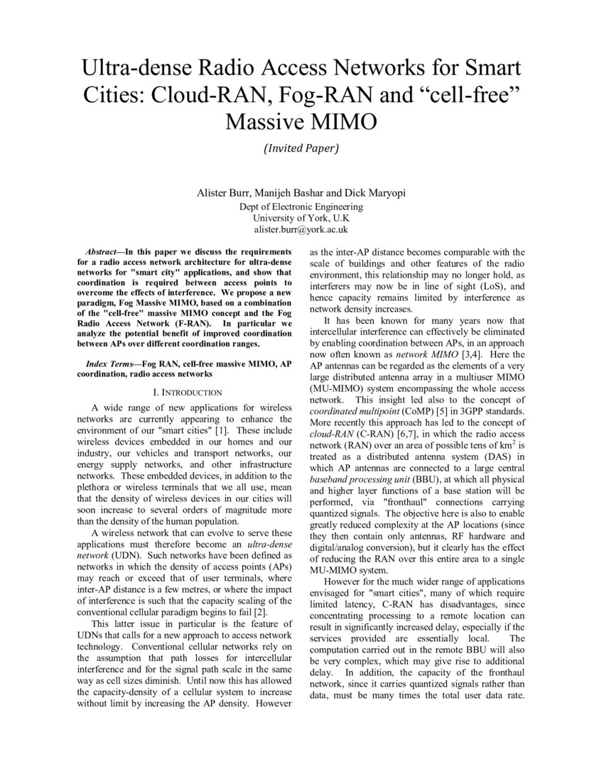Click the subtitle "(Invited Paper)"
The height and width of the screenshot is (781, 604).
click(x=301, y=149)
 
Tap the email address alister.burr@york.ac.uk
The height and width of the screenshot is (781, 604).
click(x=301, y=230)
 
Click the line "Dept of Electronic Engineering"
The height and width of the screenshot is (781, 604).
click(x=301, y=207)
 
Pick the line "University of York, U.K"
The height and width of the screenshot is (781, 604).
click(x=301, y=218)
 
